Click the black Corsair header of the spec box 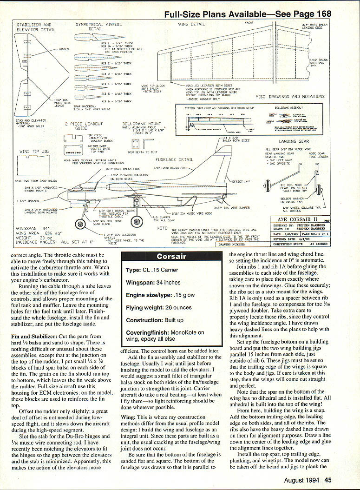(x=171, y=256)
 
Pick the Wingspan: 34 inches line (x=154, y=282)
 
